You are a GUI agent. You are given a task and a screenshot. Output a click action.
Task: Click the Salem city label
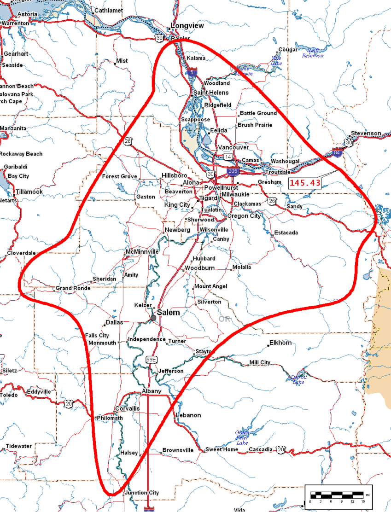[x=168, y=313]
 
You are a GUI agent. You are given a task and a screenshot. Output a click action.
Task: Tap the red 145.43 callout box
[x=305, y=183]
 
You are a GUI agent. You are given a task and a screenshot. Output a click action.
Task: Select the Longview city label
[x=187, y=26]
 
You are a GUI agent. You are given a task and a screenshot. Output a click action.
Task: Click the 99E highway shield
[x=152, y=359]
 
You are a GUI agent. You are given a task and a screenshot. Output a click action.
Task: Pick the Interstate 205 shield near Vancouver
[x=232, y=172]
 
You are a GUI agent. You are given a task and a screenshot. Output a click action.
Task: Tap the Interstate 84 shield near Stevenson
[x=338, y=152]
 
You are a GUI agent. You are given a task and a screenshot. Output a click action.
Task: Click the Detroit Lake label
[x=298, y=379]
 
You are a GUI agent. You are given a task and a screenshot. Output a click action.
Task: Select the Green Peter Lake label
[x=242, y=437]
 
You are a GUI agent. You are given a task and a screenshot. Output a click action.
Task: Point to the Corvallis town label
[x=127, y=408]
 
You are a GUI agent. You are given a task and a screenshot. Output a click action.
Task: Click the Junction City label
[x=144, y=493]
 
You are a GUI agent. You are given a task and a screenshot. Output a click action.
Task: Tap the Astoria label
[x=28, y=14]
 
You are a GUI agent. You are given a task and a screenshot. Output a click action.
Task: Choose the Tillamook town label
[x=29, y=192]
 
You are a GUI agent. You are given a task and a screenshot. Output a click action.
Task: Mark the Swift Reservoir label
[x=313, y=53]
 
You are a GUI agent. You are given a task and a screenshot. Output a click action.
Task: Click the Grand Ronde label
[x=73, y=288]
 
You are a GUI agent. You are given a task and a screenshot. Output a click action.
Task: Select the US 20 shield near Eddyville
[x=69, y=403]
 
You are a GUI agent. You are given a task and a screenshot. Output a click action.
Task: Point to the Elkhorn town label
[x=281, y=343]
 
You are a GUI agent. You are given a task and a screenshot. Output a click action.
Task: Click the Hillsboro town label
[x=174, y=176]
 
